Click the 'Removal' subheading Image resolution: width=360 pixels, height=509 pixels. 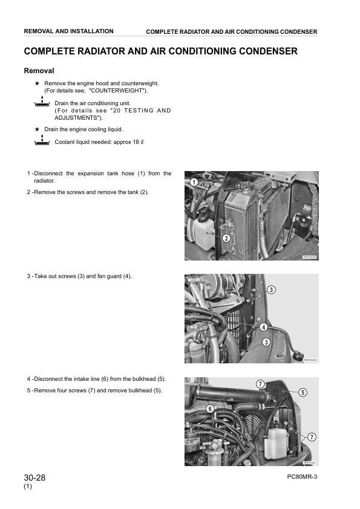tap(39, 71)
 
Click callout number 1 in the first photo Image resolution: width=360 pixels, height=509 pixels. tap(194, 182)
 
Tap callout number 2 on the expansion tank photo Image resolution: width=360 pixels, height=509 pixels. tap(226, 238)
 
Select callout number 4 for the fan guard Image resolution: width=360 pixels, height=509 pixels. tap(264, 327)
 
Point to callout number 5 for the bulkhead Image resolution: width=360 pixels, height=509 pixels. tap(303, 392)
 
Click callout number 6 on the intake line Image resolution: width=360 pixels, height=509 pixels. tap(210, 409)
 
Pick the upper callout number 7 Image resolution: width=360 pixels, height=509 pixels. tap(260, 384)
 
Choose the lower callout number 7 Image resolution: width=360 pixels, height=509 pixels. tap(312, 437)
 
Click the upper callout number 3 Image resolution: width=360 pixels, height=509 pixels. tap(271, 290)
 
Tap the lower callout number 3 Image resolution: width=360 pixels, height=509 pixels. tap(266, 342)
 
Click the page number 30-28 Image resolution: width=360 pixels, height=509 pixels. tap(34, 478)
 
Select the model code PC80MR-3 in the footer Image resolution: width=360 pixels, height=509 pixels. tap(302, 476)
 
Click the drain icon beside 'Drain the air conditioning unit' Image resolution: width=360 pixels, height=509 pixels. tap(42, 102)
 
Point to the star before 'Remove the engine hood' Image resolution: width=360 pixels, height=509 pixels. tap(37, 83)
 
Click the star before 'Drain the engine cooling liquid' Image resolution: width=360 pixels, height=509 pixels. tap(37, 129)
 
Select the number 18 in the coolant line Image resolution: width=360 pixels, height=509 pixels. tap(136, 142)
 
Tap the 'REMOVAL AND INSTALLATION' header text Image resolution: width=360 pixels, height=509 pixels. tap(68, 31)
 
